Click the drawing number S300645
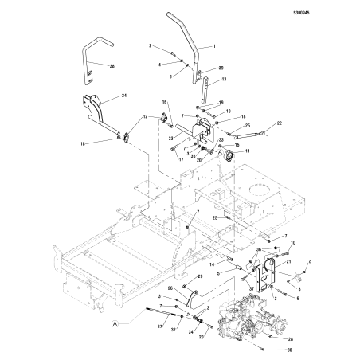tap(338, 12)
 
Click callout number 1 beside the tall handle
tap(214, 48)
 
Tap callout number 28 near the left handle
tap(111, 65)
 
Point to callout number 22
tap(280, 123)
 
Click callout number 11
tap(246, 151)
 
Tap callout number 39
tap(221, 68)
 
